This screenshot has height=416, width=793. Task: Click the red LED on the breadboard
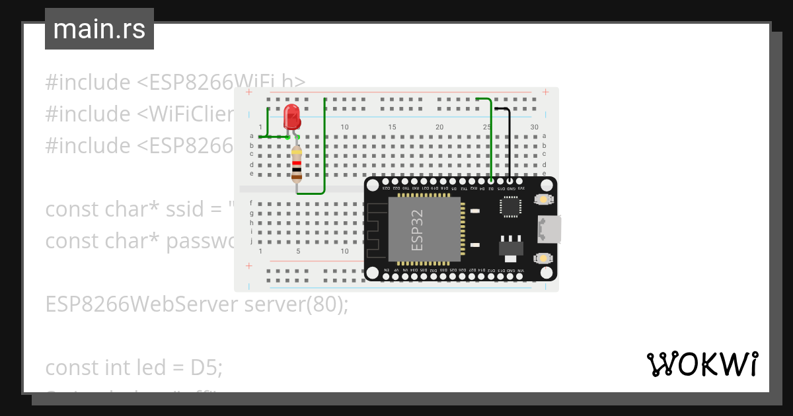pos(291,118)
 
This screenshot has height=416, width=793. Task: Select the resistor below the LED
pos(297,164)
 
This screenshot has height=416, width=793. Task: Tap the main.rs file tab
pos(99,29)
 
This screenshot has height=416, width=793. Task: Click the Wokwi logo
pos(702,364)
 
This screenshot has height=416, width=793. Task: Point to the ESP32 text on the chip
pos(418,230)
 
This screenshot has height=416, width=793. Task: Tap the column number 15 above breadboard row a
pos(392,127)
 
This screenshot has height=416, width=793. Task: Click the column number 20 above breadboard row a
pos(439,127)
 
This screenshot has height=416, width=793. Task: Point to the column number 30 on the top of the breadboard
pos(534,127)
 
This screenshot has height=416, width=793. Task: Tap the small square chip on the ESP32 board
pos(510,207)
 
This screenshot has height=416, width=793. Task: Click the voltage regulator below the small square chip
pos(510,246)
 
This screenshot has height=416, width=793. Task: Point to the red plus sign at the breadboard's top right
pos(545,92)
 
